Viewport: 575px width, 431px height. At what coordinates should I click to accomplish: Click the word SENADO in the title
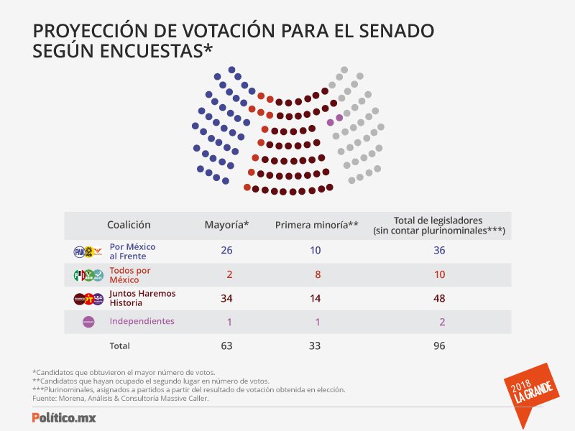[x=397, y=31]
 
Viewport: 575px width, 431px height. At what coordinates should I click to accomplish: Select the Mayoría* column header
[x=226, y=225]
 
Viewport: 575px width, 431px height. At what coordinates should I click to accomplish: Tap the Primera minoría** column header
[x=316, y=225]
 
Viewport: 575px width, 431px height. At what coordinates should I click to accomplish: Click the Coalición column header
[x=129, y=225]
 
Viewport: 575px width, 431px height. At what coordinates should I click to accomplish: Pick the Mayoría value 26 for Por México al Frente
[x=226, y=250]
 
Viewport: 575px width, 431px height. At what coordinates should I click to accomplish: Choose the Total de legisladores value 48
[x=439, y=298]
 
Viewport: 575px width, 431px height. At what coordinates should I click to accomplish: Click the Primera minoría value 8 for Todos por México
[x=318, y=274]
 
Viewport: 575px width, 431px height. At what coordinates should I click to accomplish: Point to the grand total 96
[x=439, y=346]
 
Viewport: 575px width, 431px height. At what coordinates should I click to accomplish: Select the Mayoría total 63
[x=226, y=346]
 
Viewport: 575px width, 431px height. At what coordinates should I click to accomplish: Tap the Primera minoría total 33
[x=315, y=346]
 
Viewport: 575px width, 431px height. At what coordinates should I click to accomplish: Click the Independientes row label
[x=142, y=321]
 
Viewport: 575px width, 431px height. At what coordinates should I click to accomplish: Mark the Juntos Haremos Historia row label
[x=142, y=298]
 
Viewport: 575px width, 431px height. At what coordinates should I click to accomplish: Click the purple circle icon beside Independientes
[x=88, y=322]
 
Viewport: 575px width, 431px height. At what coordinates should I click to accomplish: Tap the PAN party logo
[x=79, y=252]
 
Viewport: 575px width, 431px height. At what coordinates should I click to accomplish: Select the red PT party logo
[x=88, y=299]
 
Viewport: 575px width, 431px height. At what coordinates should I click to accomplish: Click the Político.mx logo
[x=64, y=417]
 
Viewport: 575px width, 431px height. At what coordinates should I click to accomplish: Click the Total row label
[x=119, y=346]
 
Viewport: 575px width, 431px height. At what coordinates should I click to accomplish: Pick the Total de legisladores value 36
[x=439, y=250]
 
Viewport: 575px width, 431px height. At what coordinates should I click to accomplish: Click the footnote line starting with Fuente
[x=121, y=399]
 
